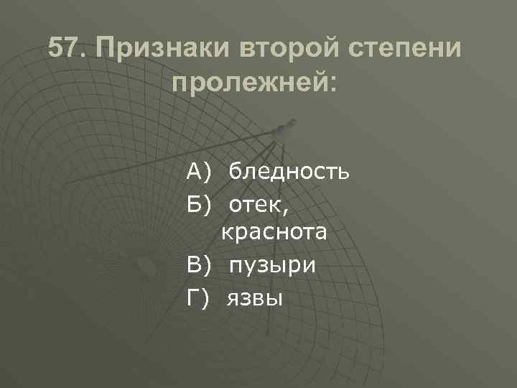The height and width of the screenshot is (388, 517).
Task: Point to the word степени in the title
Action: (414, 50)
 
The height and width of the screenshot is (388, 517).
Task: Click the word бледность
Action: (289, 172)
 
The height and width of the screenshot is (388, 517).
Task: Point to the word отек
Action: (256, 204)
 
